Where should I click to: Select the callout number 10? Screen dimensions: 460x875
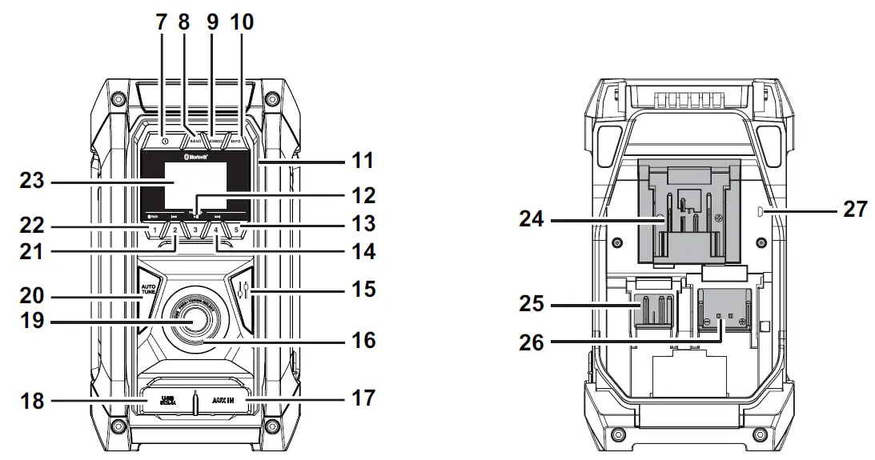(x=241, y=22)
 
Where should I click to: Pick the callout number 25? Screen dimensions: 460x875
(x=530, y=305)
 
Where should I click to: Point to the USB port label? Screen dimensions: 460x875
(x=167, y=398)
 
